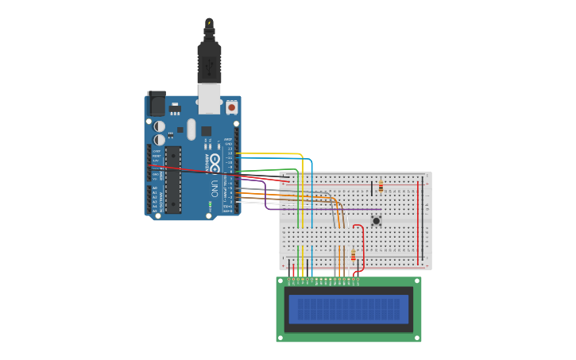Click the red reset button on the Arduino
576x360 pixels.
tap(231, 106)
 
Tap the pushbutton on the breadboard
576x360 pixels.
tap(376, 221)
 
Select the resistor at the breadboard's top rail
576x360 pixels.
tap(381, 187)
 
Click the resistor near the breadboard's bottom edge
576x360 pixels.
tap(354, 255)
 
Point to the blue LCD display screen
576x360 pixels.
tap(348, 309)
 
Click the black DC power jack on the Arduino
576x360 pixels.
tap(157, 103)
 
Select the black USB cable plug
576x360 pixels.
tap(209, 63)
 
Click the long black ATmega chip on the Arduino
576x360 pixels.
tap(172, 179)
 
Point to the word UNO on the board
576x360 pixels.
tap(215, 189)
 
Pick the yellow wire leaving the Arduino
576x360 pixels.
tap(270, 153)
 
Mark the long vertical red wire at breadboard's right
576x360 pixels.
tap(419, 223)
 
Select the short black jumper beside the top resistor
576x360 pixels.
tap(371, 188)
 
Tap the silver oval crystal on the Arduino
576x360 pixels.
tap(191, 129)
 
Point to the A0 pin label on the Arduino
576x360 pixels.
tap(155, 188)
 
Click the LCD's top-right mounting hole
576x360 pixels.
tap(416, 281)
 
